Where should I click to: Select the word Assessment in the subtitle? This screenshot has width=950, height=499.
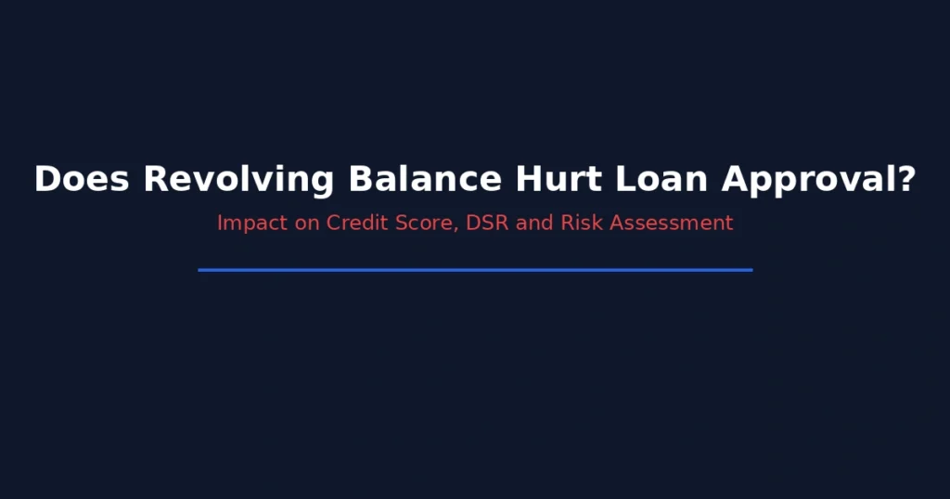tap(671, 224)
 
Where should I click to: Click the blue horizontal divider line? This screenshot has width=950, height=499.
tap(475, 270)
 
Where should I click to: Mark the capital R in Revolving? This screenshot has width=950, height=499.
tap(154, 180)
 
